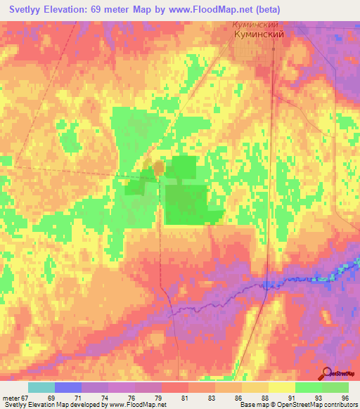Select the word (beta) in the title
click(263, 9)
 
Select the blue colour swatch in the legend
click(67, 387)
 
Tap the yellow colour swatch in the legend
click(281, 387)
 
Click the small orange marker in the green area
click(159, 167)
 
